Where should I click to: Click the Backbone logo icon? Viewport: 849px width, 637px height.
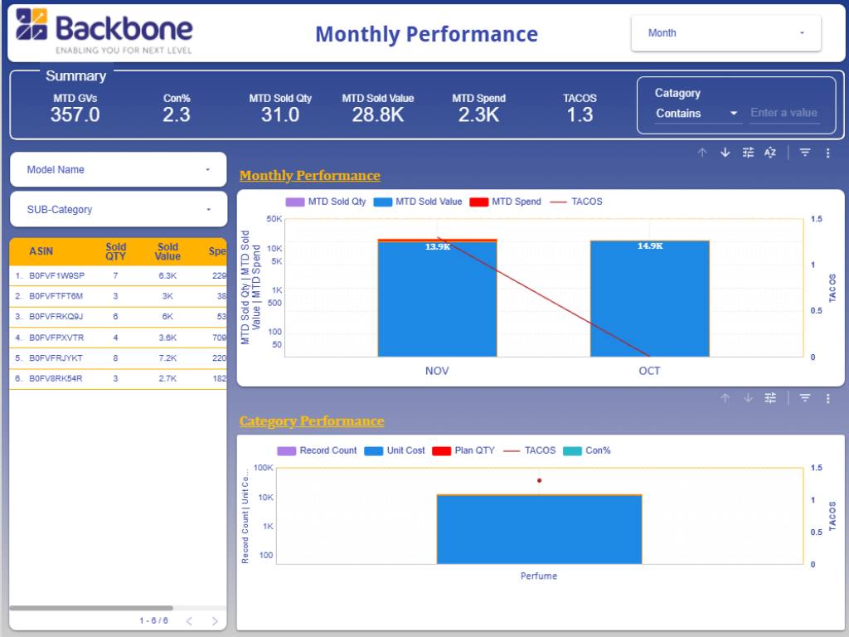point(32,25)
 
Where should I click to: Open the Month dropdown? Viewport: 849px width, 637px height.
point(725,33)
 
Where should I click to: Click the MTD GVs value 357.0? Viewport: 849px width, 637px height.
point(75,115)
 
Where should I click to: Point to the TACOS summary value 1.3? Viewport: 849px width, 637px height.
point(580,115)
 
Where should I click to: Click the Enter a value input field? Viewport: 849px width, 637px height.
point(784,114)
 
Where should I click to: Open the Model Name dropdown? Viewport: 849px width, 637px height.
point(118,169)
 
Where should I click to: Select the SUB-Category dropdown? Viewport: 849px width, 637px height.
point(118,210)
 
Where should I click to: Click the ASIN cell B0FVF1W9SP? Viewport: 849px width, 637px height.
point(56,275)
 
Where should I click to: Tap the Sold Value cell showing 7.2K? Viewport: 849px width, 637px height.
point(167,358)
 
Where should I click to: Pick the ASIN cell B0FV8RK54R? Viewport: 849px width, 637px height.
point(56,379)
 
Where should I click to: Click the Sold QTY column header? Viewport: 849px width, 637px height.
point(116,251)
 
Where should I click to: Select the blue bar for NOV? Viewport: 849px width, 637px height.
point(437,299)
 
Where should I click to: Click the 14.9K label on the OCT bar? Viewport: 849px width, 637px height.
point(650,246)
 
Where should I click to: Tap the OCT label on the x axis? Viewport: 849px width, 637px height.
point(649,371)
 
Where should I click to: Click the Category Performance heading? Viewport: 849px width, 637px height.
point(312,421)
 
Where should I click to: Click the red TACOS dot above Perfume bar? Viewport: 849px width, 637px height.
point(539,480)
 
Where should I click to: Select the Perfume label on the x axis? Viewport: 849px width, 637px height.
point(539,576)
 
